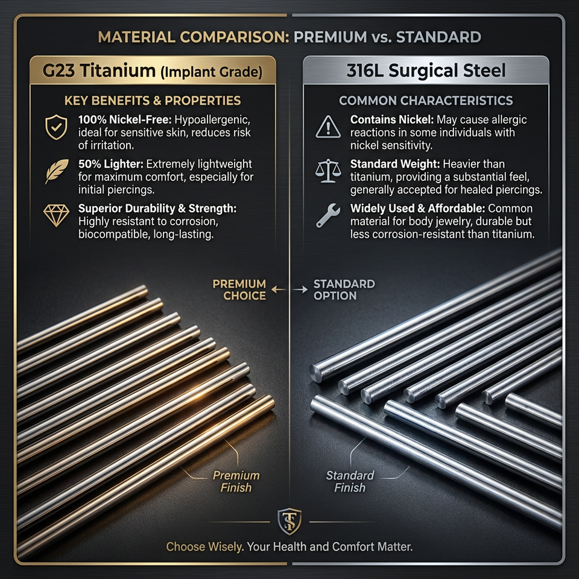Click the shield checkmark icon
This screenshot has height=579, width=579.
[x=56, y=127]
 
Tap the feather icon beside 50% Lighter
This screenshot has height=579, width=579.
[x=57, y=171]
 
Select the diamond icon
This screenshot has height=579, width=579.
[x=56, y=215]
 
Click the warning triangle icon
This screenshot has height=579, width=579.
[x=328, y=127]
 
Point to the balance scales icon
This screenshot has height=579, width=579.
[x=328, y=171]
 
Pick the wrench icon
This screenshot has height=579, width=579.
[x=328, y=215]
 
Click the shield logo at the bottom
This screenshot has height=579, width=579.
[x=289, y=521]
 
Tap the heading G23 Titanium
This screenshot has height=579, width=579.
[x=99, y=70]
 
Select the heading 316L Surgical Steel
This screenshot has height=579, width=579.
[x=426, y=70]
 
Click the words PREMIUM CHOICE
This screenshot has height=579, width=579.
[x=239, y=290]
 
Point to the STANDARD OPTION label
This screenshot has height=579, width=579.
[x=344, y=290]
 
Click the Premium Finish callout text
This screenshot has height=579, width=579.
[x=236, y=481]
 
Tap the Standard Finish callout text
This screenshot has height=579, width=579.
[x=350, y=481]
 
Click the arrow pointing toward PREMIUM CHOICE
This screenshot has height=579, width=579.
[x=279, y=289]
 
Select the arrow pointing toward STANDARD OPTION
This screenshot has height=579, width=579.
[x=300, y=289]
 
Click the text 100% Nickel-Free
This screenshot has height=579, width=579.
[x=125, y=119]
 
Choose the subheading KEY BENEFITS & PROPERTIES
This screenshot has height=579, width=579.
[x=153, y=101]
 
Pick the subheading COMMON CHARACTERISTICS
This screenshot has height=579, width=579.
[x=426, y=101]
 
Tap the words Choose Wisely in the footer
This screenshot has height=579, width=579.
[x=205, y=546]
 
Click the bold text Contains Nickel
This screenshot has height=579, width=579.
[x=392, y=119]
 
